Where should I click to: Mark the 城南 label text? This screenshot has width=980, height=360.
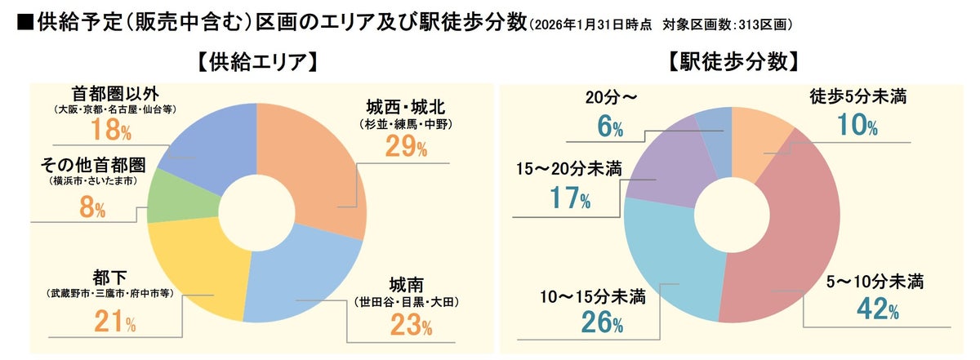(406, 286)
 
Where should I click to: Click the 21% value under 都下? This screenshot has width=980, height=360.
(114, 324)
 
